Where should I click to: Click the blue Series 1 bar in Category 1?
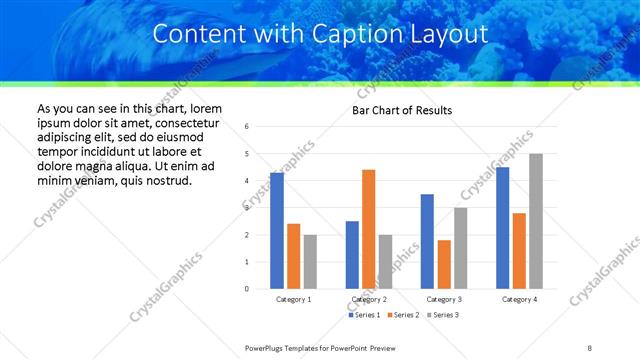(277, 231)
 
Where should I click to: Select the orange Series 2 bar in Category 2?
(368, 229)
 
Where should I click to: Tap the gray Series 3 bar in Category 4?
(536, 221)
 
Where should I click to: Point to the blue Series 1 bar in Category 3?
(427, 241)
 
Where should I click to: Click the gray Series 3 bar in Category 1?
(310, 262)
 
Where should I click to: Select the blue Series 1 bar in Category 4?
(502, 228)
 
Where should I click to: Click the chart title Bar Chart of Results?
(402, 110)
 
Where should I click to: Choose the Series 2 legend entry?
(402, 315)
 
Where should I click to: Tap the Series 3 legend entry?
(444, 315)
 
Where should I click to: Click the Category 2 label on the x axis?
(368, 299)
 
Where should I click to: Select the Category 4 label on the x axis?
(519, 299)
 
